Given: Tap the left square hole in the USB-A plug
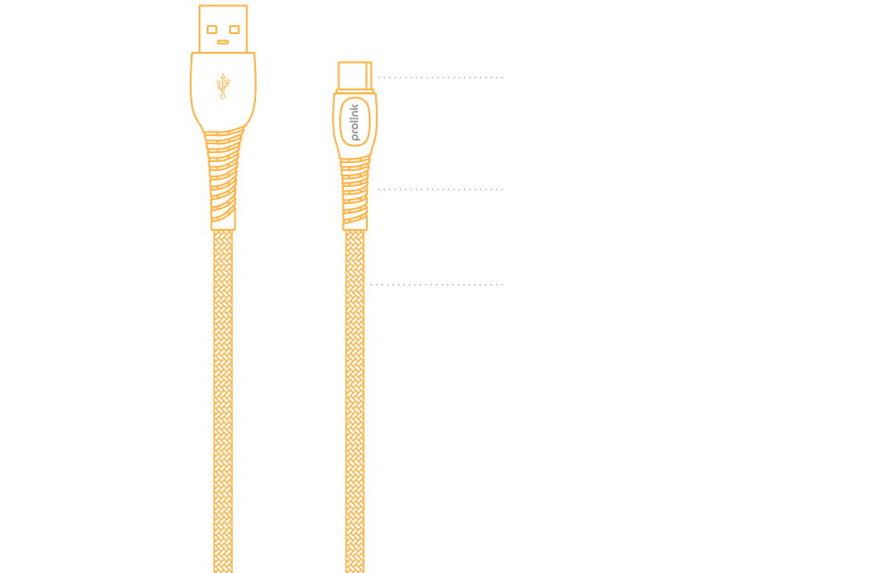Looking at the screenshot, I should (x=215, y=29).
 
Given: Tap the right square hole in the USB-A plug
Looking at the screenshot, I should (x=234, y=29).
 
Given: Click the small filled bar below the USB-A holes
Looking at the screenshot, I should (x=224, y=41).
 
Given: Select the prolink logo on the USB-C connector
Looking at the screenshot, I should (x=354, y=122).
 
